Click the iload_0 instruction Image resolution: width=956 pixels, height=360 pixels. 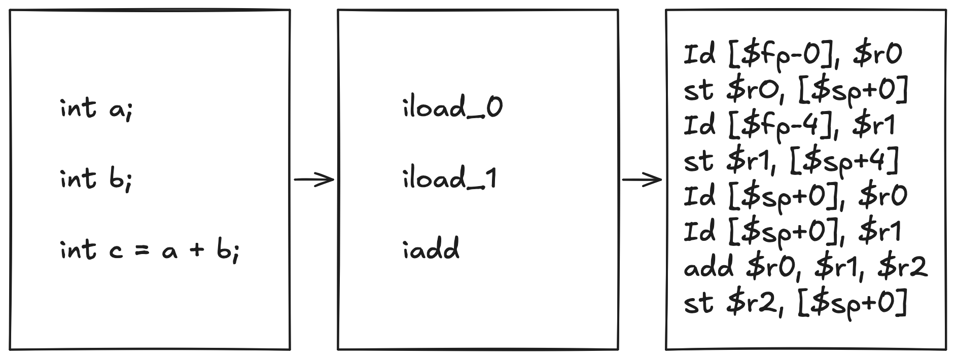[x=452, y=108]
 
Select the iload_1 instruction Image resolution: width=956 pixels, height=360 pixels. [x=450, y=179]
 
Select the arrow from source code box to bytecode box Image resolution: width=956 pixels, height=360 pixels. [x=314, y=179]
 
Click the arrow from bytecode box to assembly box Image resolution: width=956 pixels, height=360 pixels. [x=642, y=179]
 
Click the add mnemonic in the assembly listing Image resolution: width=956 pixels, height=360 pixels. [x=709, y=267]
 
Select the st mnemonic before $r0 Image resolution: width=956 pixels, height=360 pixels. [x=699, y=90]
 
